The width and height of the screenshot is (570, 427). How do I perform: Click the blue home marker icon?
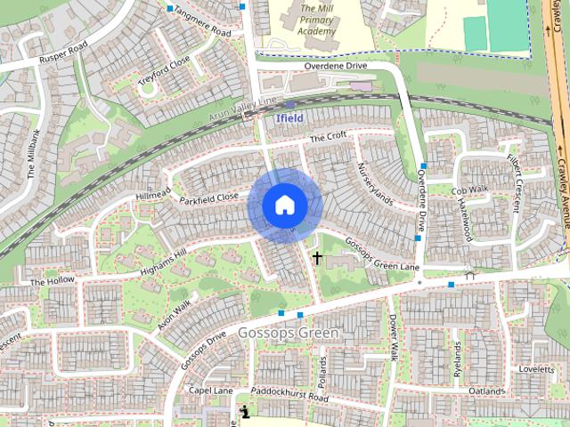(284, 205)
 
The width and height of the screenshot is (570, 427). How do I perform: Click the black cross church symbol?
(316, 258)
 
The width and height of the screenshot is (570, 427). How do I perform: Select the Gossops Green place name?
(289, 333)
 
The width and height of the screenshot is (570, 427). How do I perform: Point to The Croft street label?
(327, 137)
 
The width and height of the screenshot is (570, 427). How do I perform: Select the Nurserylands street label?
(374, 183)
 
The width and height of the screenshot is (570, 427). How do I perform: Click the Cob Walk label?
(469, 190)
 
